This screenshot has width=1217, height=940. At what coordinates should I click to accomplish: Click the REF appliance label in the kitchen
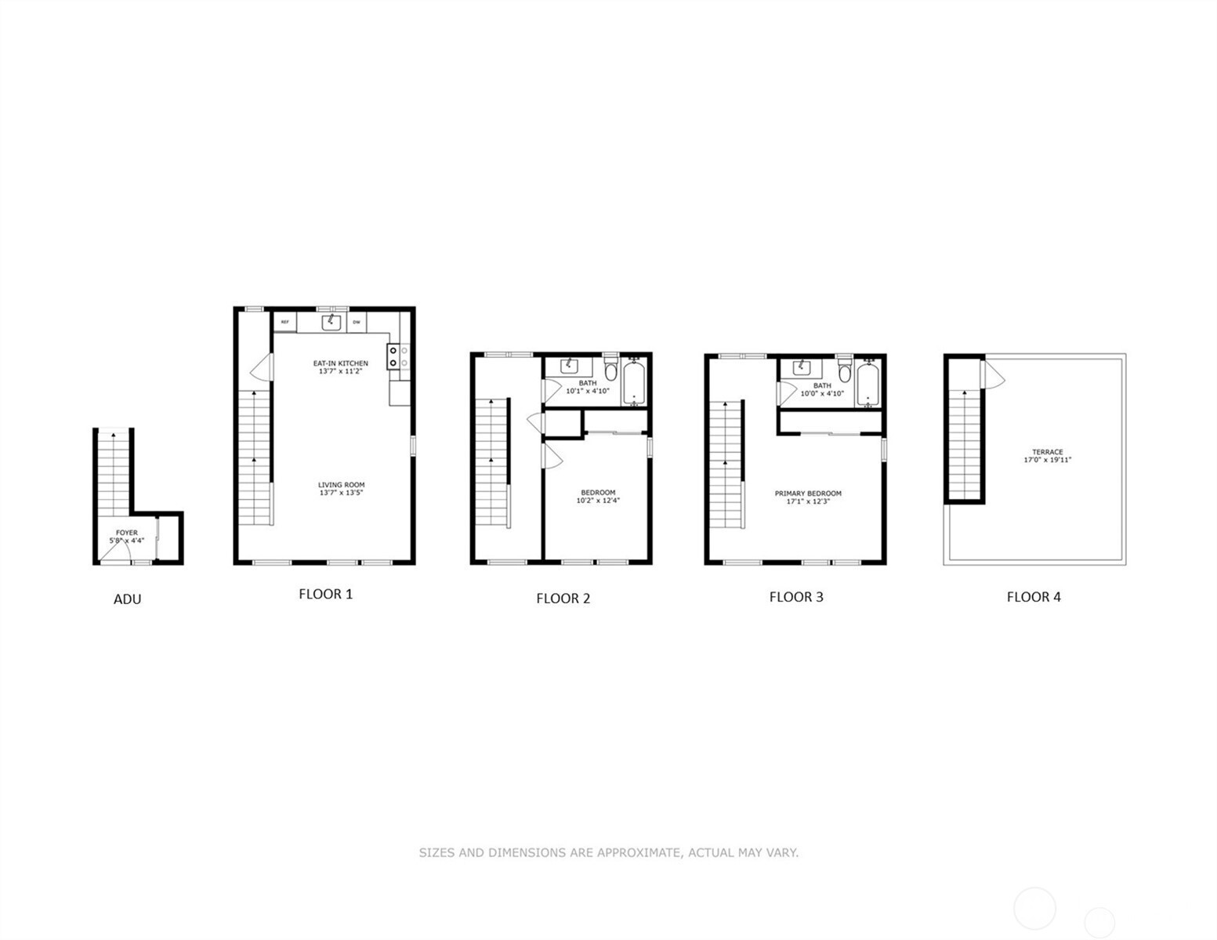(285, 322)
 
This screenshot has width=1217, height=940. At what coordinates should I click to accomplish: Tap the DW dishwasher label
(357, 322)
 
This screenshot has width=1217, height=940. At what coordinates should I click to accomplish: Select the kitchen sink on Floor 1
(331, 322)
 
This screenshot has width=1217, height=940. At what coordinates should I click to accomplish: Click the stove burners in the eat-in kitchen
(393, 356)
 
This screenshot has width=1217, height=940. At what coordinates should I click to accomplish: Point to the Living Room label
(341, 489)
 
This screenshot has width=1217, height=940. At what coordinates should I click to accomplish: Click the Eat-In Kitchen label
(341, 367)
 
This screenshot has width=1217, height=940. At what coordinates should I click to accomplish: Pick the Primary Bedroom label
(808, 497)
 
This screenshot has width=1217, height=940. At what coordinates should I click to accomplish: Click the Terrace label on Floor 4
(1047, 456)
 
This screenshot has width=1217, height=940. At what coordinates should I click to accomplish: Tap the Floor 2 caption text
(563, 598)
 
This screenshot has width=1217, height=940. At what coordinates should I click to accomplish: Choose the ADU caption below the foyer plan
(127, 599)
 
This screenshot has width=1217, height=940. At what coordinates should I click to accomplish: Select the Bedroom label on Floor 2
(598, 497)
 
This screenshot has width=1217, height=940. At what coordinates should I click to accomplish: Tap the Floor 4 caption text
(1034, 597)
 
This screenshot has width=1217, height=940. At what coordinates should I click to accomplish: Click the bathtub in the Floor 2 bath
(634, 382)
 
